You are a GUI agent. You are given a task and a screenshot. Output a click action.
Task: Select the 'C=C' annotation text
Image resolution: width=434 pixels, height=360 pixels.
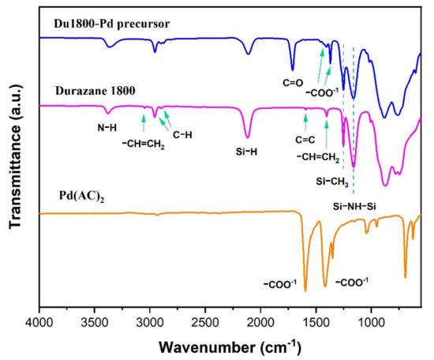coord(305,140)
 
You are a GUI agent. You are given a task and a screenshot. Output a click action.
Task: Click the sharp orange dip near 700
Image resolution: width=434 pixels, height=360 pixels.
coord(406,277)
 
